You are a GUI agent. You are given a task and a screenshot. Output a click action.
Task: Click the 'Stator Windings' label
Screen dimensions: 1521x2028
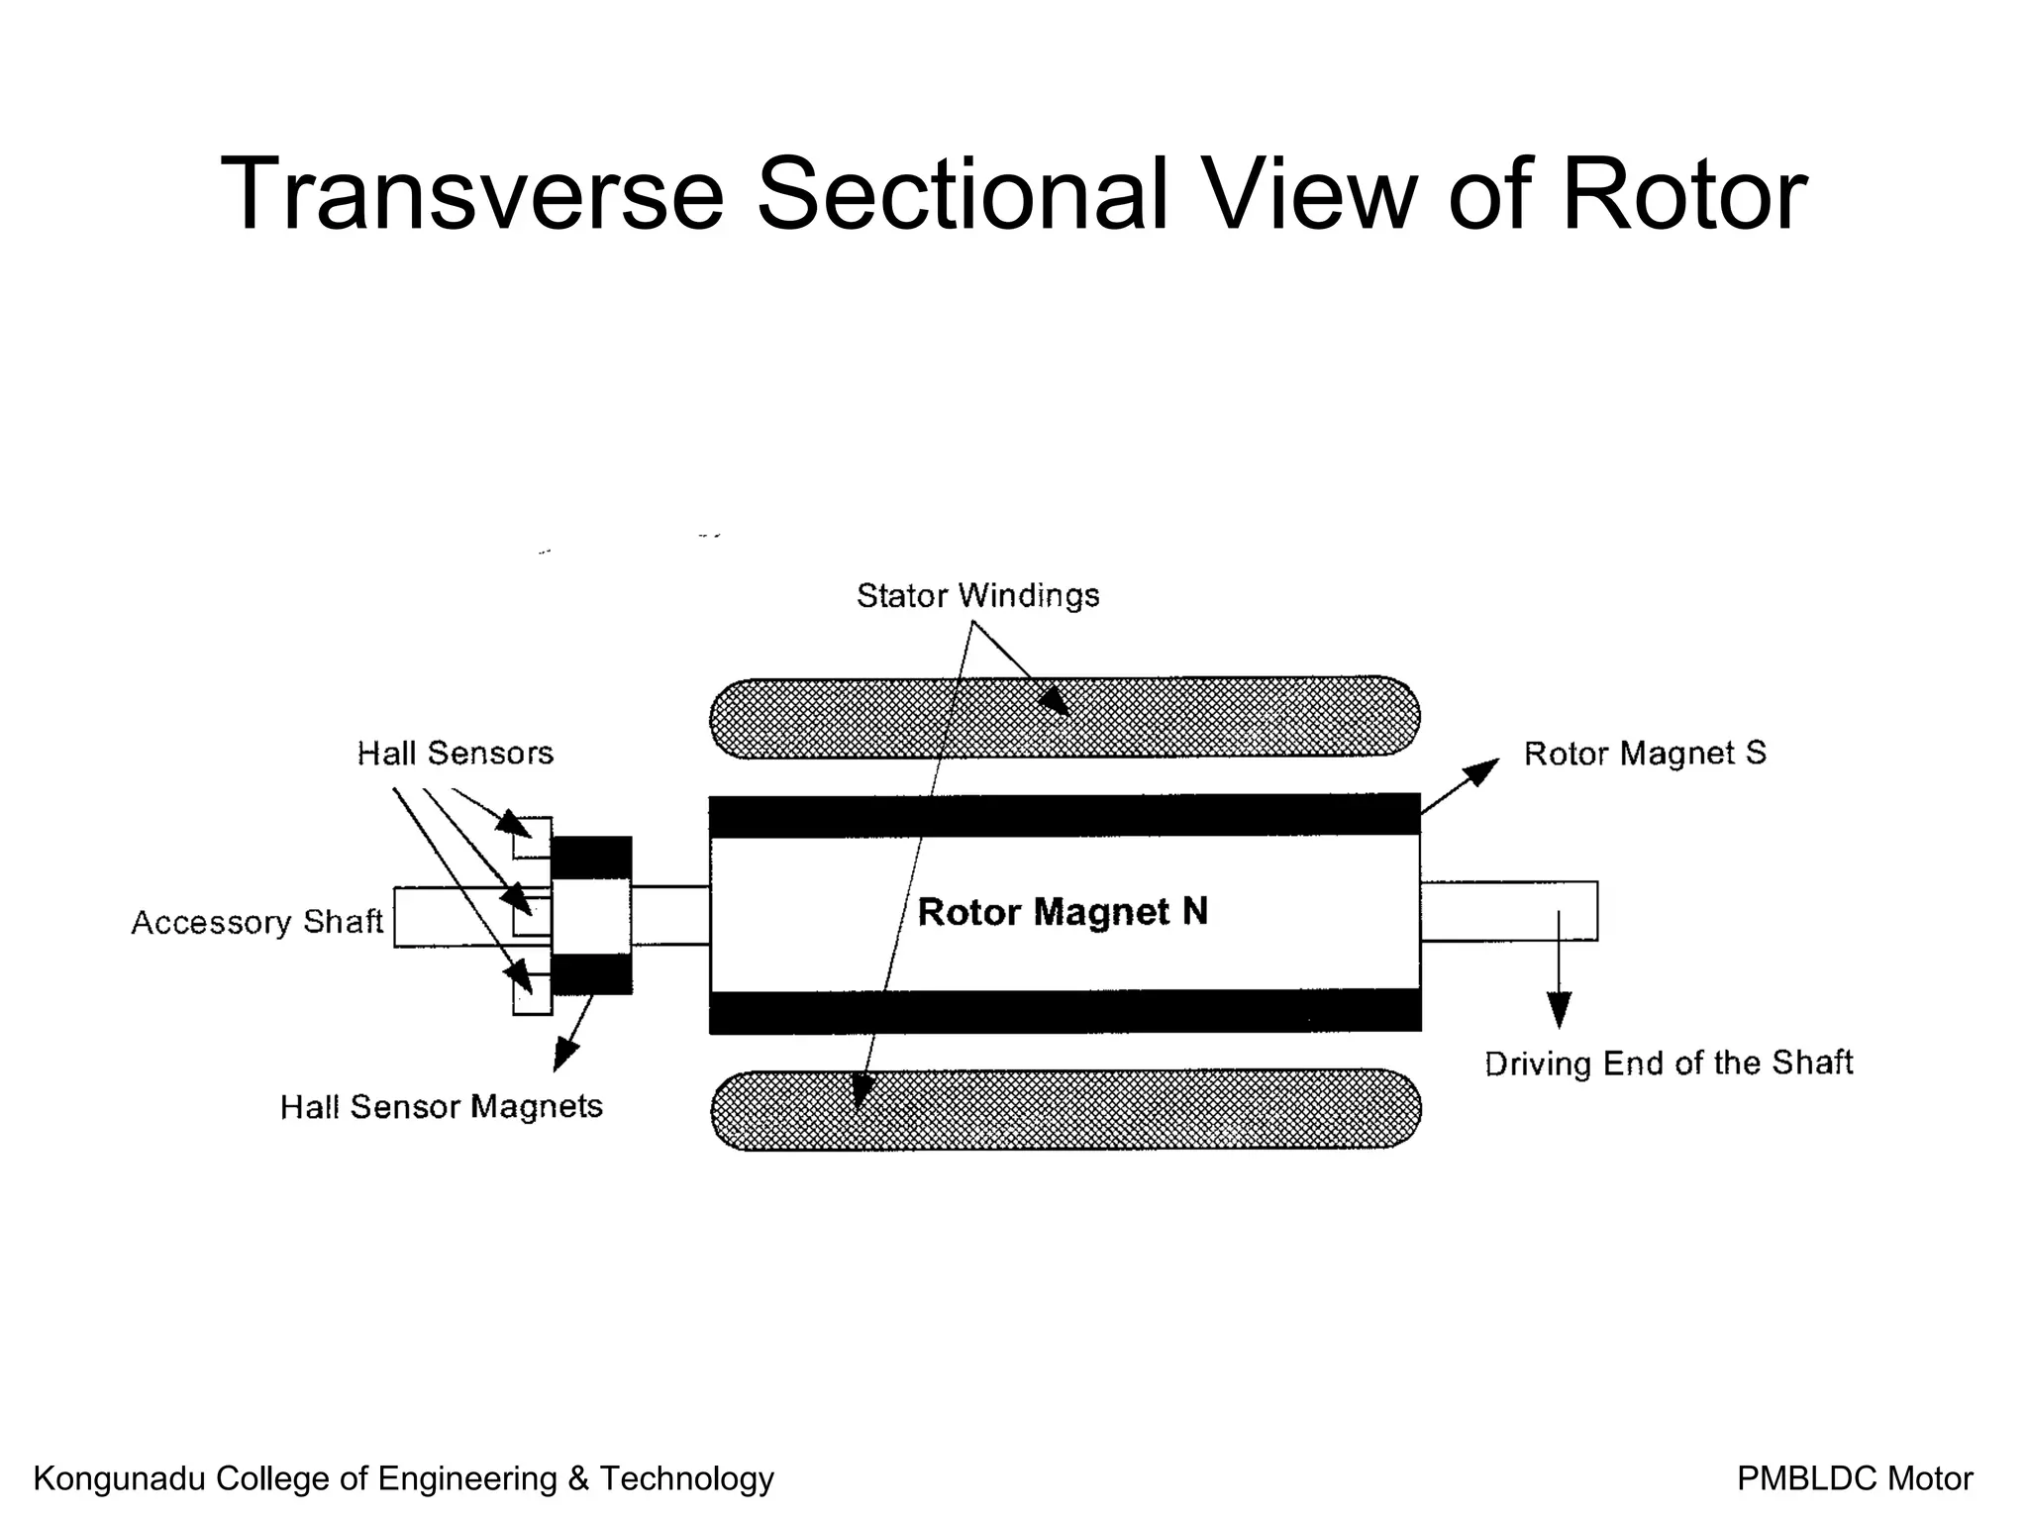[x=977, y=595]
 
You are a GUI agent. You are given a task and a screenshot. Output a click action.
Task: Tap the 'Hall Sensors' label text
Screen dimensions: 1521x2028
[x=455, y=754]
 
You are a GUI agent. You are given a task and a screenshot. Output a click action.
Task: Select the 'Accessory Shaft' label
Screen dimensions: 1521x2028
[x=256, y=922]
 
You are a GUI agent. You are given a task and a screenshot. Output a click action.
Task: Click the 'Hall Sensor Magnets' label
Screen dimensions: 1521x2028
[x=441, y=1106]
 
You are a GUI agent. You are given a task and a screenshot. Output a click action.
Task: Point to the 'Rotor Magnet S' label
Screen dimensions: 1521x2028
[x=1644, y=754]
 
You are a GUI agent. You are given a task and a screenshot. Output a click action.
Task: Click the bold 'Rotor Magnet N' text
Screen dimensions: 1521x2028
[x=1063, y=912]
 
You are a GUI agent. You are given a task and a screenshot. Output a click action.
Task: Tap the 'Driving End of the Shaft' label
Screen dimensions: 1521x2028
[x=1669, y=1064]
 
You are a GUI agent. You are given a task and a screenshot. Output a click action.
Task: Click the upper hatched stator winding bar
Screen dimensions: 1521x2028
[x=1188, y=718]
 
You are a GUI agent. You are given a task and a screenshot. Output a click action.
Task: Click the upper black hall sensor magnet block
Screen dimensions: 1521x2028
[x=591, y=858]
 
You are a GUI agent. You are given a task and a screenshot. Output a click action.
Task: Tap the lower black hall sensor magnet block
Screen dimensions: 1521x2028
[x=591, y=974]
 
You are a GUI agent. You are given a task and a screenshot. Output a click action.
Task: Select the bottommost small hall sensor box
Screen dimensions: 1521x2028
[x=533, y=995]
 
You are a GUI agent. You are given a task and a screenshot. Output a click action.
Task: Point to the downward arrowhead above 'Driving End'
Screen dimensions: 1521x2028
[x=1559, y=1011]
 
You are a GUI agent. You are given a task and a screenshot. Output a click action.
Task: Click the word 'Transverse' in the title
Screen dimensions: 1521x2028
[x=471, y=194]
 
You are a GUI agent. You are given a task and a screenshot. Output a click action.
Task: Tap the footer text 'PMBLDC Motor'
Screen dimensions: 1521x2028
[x=1855, y=1478]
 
